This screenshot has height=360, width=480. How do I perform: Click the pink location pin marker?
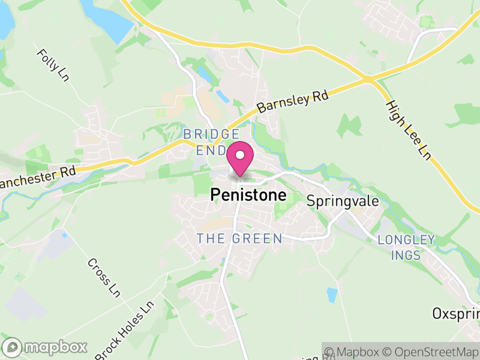click(x=240, y=160)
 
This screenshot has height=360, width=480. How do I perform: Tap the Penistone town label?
click(x=248, y=196)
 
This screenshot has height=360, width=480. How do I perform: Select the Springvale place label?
click(x=343, y=200)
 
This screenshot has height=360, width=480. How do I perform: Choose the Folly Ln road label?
click(x=53, y=65)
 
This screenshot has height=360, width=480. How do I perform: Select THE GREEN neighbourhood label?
click(x=239, y=239)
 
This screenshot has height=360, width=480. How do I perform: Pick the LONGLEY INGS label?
click(x=406, y=247)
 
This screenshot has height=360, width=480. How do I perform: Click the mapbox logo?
click(x=46, y=347)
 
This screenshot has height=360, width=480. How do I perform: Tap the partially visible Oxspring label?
click(x=456, y=313)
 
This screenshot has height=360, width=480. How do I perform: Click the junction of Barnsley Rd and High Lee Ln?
click(x=368, y=79)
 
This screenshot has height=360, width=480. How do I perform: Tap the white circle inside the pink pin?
click(x=240, y=155)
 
